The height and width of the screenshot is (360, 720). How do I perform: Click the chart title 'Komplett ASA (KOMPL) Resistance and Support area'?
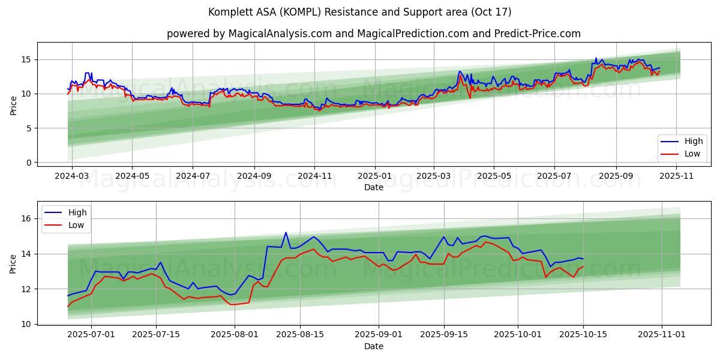359,12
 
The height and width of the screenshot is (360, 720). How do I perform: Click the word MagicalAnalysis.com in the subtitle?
280,34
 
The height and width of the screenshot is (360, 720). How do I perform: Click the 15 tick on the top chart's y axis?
26,59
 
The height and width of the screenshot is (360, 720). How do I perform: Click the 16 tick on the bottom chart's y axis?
26,219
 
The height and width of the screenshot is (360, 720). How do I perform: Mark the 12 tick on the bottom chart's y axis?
26,289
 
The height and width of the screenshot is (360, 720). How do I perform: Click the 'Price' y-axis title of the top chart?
13,106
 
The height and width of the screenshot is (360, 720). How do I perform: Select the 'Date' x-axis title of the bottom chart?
373,346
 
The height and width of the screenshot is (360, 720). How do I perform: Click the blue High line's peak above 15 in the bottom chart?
286,232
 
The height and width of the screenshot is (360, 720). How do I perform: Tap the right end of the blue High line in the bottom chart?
583,259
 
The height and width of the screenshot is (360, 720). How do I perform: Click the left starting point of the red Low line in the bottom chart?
68,307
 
